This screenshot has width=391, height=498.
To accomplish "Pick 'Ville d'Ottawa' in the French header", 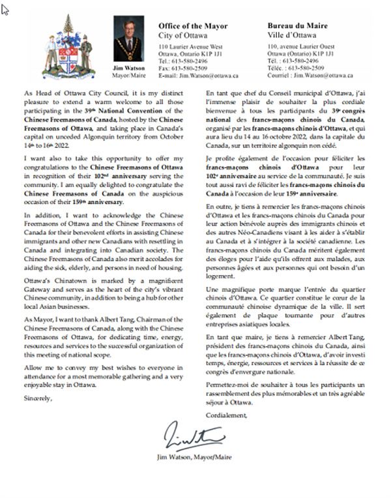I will [x=291, y=35].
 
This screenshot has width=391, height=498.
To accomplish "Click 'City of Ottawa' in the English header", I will [x=182, y=35].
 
